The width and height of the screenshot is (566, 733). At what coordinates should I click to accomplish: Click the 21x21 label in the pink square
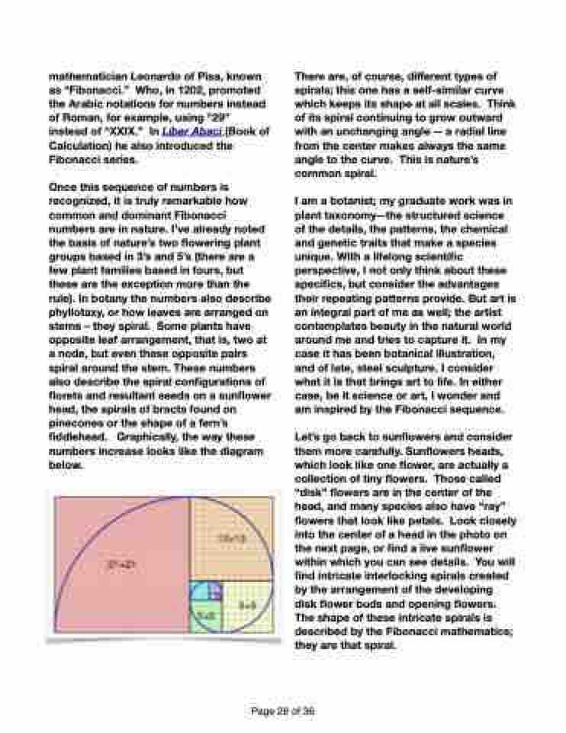(x=117, y=566)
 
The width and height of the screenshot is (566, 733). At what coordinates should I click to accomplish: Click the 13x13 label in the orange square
(x=231, y=538)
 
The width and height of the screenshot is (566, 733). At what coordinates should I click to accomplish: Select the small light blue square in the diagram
(x=199, y=591)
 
